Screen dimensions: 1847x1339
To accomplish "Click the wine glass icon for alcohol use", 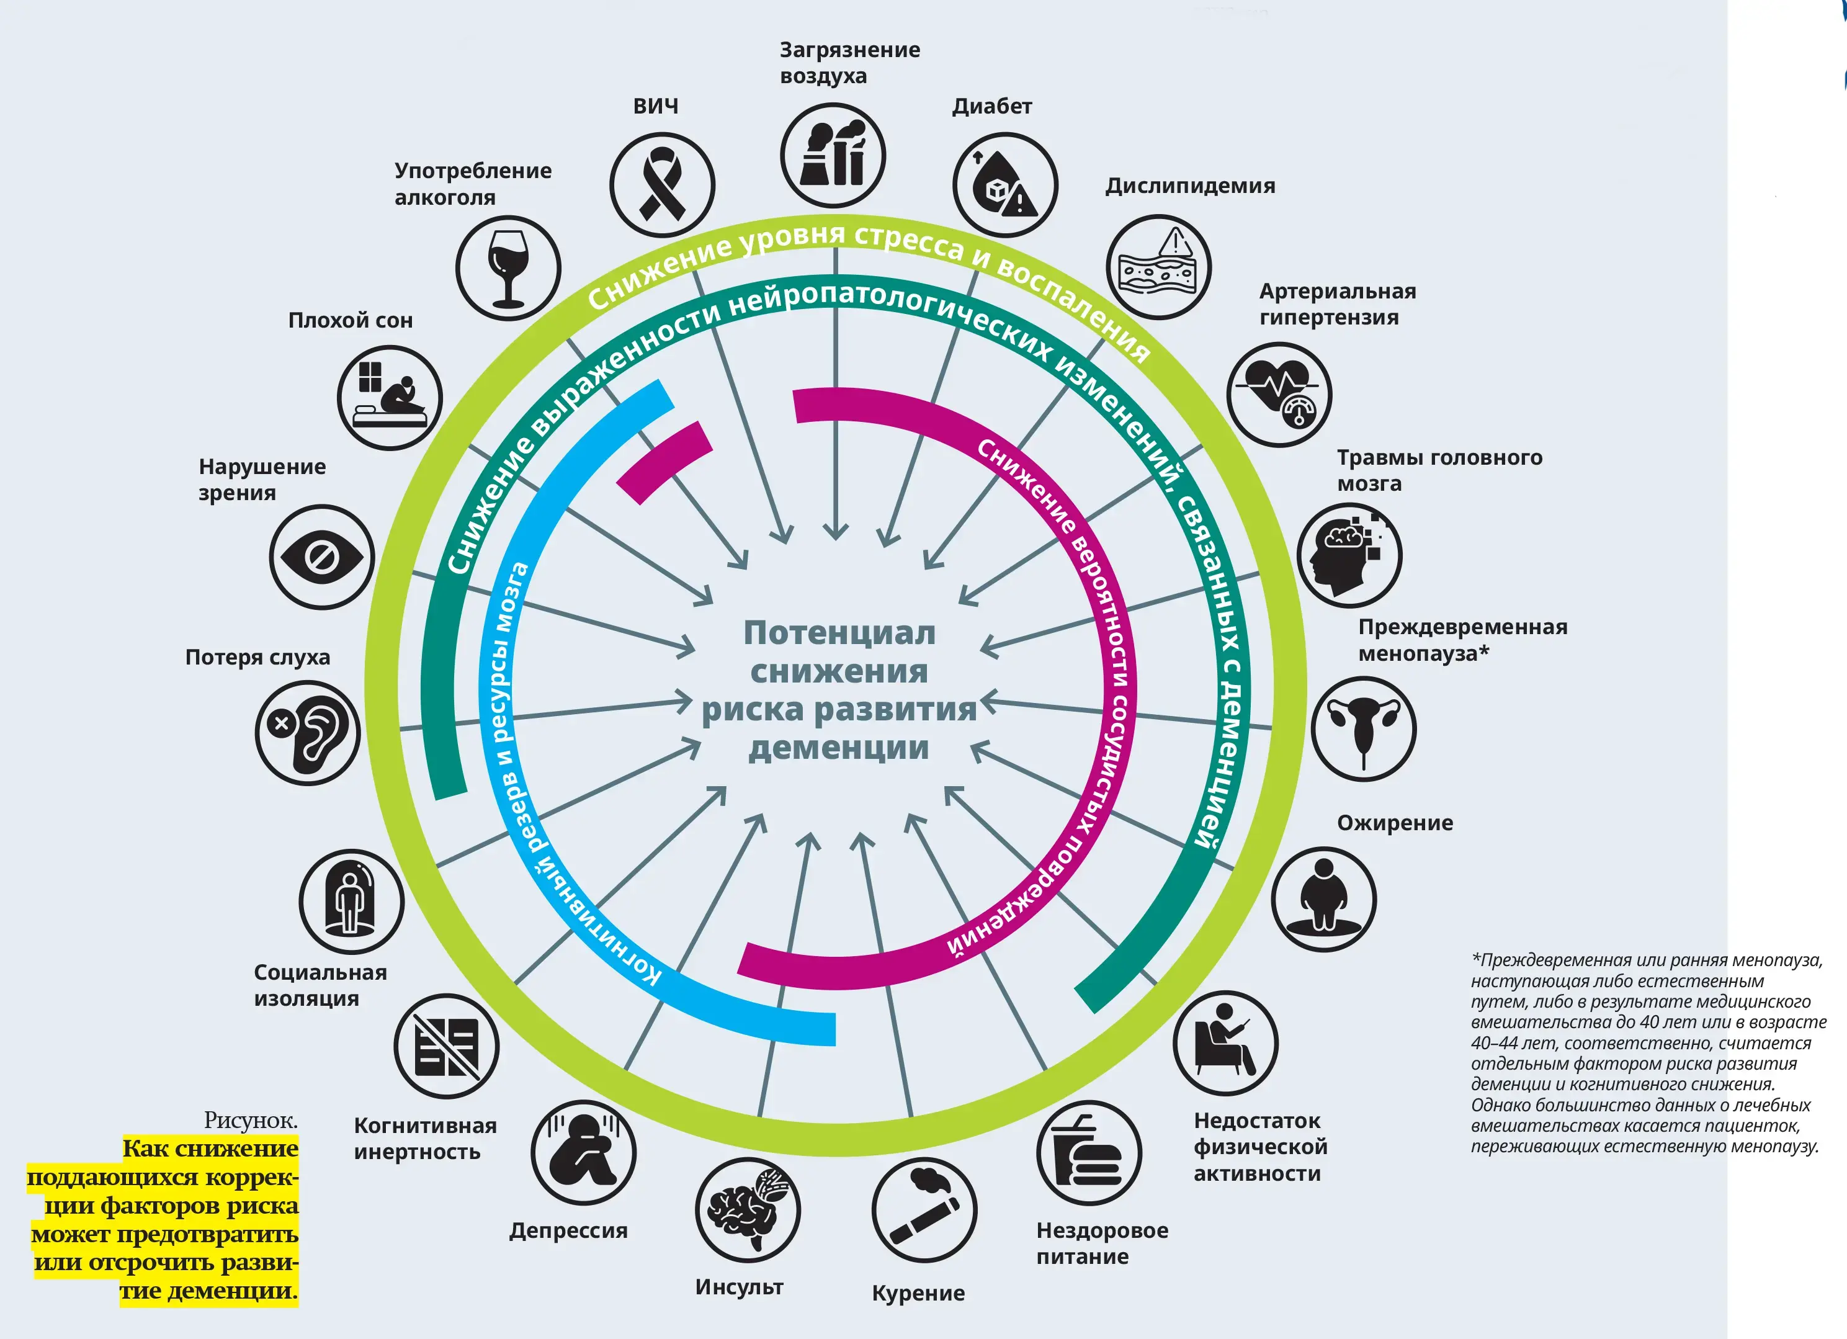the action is (x=508, y=268).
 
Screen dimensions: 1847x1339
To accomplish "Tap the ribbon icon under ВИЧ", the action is (x=662, y=185).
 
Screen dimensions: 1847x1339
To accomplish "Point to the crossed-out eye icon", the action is (x=321, y=557).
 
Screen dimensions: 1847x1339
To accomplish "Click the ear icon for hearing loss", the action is (x=307, y=733).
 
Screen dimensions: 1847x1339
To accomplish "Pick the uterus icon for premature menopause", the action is (x=1363, y=729).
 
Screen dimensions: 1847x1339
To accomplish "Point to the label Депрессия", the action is (x=568, y=1230).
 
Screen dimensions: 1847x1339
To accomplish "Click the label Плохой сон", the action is (x=350, y=320).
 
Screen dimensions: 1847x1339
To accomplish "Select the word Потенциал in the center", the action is (x=839, y=633).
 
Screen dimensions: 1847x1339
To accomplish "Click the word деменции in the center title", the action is (x=839, y=747).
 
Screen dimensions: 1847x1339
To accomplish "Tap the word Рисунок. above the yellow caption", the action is (x=251, y=1121).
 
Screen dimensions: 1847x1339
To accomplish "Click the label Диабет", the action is (x=992, y=107).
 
